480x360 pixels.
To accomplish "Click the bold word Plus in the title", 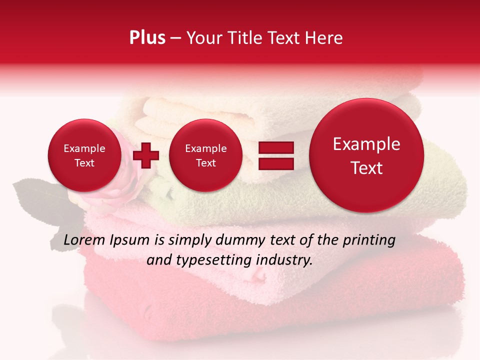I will coord(147,38).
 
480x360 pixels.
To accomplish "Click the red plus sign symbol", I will coord(146,155).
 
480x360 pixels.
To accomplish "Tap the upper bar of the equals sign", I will coord(275,147).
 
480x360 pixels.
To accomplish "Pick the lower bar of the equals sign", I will coord(275,163).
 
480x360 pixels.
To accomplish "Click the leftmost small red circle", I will coord(84,155).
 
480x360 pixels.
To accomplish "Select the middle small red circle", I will coord(205,155).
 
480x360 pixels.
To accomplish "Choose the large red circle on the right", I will coord(366,155).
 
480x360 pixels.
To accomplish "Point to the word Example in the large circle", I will coord(366,144).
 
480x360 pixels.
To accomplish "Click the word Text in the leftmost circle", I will coord(84,163).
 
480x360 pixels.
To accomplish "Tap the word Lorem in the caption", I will coord(84,240).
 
